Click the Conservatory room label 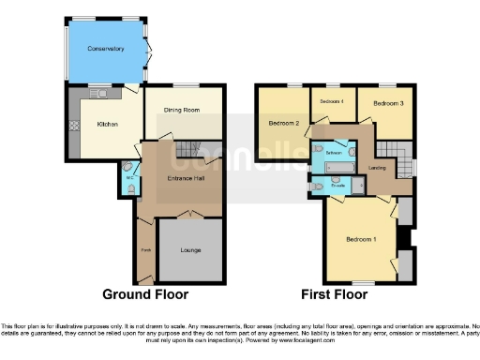(x=106, y=49)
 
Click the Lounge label (x=191, y=250)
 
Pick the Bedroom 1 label (x=360, y=240)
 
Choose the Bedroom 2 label (x=283, y=123)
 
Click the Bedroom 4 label (x=331, y=100)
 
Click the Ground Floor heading (x=145, y=294)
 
